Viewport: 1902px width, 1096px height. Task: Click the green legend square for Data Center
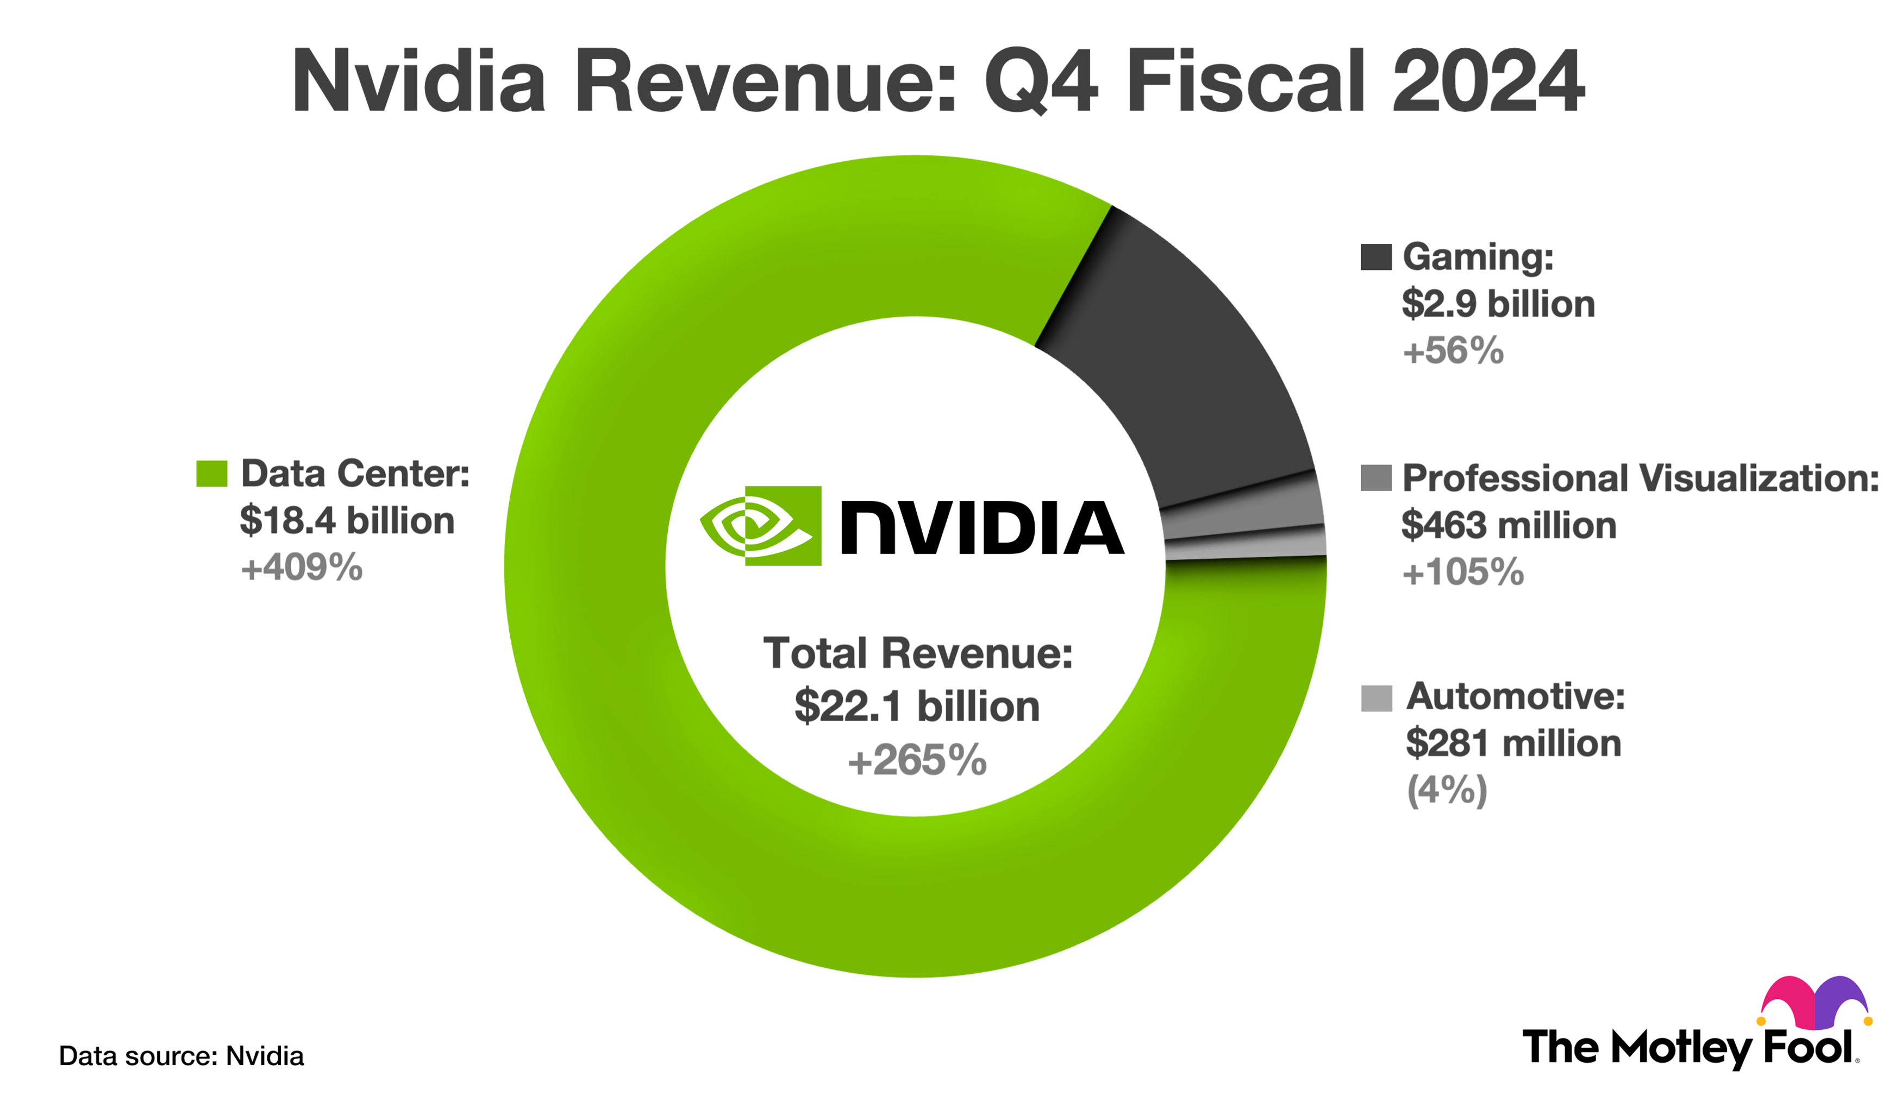click(211, 474)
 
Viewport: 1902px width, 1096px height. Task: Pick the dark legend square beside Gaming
click(1375, 257)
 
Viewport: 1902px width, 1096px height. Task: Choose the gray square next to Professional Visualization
click(1375, 477)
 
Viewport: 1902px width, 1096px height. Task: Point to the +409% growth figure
click(301, 568)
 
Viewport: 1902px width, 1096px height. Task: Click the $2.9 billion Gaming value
click(1498, 304)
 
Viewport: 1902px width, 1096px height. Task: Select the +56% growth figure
click(1453, 351)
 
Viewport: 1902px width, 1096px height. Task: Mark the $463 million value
click(1508, 525)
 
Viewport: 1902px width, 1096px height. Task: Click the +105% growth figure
click(1462, 572)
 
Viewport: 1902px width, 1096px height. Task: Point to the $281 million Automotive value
click(1513, 743)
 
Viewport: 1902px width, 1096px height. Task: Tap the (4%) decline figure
click(1447, 790)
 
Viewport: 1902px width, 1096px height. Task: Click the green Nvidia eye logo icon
click(760, 525)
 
